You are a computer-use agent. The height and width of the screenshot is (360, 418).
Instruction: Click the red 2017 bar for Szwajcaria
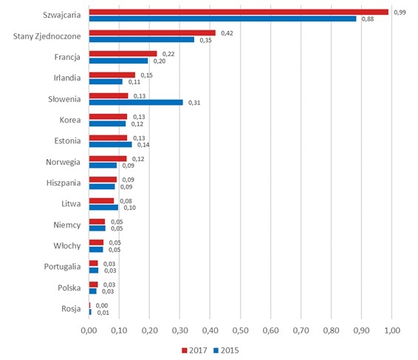click(239, 12)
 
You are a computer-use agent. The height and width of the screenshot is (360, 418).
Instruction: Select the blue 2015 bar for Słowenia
click(136, 103)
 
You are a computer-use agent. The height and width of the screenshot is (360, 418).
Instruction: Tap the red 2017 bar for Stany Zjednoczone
click(152, 33)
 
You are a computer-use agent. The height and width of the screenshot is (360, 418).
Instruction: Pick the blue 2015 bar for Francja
click(118, 61)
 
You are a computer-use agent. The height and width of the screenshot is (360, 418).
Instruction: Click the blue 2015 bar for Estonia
click(110, 144)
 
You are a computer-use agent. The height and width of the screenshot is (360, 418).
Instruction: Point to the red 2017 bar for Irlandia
click(112, 75)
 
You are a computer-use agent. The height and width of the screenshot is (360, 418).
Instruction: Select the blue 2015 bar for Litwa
click(103, 208)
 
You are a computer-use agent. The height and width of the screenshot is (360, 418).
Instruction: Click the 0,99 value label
click(400, 13)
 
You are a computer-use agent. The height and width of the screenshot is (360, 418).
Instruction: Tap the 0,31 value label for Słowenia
click(194, 103)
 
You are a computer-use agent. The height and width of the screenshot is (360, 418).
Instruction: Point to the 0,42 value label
click(227, 33)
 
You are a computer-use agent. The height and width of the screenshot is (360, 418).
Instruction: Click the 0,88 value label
click(368, 19)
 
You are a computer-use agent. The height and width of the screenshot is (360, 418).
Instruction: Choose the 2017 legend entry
click(194, 350)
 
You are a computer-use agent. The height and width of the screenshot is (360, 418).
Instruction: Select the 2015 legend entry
click(226, 350)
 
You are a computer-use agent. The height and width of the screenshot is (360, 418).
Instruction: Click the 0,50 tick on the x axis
click(241, 330)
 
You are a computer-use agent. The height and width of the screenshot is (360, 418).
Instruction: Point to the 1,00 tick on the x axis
click(392, 330)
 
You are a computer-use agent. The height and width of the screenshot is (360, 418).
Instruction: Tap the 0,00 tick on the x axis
click(89, 330)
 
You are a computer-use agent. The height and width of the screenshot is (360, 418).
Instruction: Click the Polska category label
click(69, 288)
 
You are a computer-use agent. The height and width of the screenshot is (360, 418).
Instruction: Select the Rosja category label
click(71, 309)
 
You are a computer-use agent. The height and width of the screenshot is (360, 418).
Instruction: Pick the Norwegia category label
click(64, 162)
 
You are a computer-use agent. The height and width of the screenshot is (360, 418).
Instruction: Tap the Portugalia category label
click(62, 267)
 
